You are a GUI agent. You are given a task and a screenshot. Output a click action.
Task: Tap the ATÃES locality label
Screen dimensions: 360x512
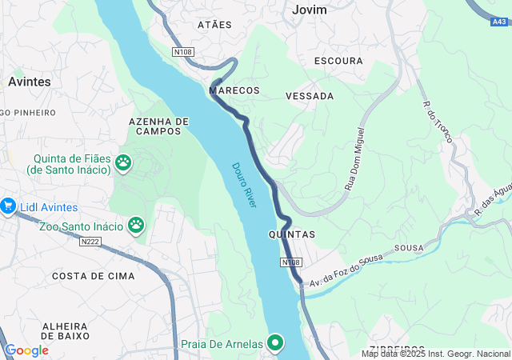point(214,25)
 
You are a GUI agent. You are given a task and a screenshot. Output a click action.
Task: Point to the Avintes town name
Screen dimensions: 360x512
point(30,82)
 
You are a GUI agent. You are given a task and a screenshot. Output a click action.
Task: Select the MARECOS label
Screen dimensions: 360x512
point(234,90)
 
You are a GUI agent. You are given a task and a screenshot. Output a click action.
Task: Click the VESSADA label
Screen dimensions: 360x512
point(310,96)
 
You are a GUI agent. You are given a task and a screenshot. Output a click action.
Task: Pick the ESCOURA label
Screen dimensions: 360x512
point(338,61)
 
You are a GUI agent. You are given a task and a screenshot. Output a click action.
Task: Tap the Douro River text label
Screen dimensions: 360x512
point(245,186)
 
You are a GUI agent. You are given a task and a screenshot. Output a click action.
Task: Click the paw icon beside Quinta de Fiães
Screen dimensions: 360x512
point(123,163)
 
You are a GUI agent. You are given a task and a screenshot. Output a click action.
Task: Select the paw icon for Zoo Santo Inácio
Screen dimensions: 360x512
point(136,226)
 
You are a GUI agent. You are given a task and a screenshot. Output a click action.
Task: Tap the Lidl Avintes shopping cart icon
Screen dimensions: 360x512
point(8,206)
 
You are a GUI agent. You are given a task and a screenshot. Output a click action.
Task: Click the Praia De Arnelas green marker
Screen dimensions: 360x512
point(276,343)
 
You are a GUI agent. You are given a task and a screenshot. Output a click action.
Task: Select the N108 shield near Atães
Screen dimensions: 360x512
point(183,52)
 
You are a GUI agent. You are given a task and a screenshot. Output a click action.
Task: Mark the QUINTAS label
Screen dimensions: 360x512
point(292,234)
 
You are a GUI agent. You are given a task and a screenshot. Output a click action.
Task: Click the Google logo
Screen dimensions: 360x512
point(26,350)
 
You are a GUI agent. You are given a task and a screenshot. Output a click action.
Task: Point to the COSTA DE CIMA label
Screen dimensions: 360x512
point(87,276)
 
